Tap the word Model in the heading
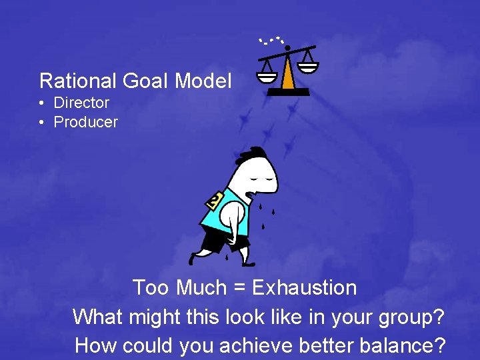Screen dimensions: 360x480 [x=203, y=81]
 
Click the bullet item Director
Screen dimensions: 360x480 [x=81, y=103]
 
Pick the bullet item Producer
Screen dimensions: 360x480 [x=85, y=122]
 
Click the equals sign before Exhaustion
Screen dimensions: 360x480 [x=238, y=289]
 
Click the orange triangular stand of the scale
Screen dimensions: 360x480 [x=288, y=74]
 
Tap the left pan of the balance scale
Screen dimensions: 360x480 [x=267, y=75]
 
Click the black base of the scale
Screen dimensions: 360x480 [x=288, y=92]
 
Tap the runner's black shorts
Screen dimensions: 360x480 [x=217, y=241]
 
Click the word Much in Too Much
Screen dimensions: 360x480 [x=200, y=288]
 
